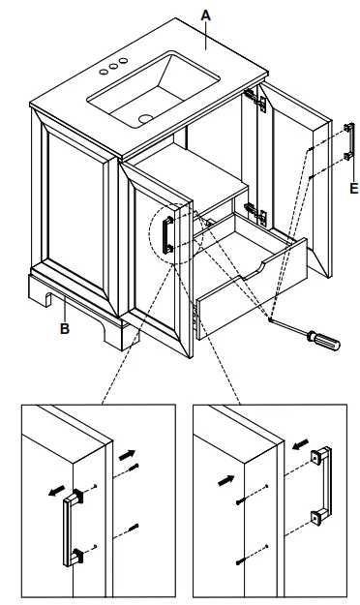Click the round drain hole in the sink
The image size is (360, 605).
point(145,119)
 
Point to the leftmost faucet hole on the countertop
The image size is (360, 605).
point(103,72)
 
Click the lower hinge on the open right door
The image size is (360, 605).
point(255,211)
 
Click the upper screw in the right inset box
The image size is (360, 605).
point(239,501)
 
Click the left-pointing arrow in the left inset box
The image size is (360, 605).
point(54,490)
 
